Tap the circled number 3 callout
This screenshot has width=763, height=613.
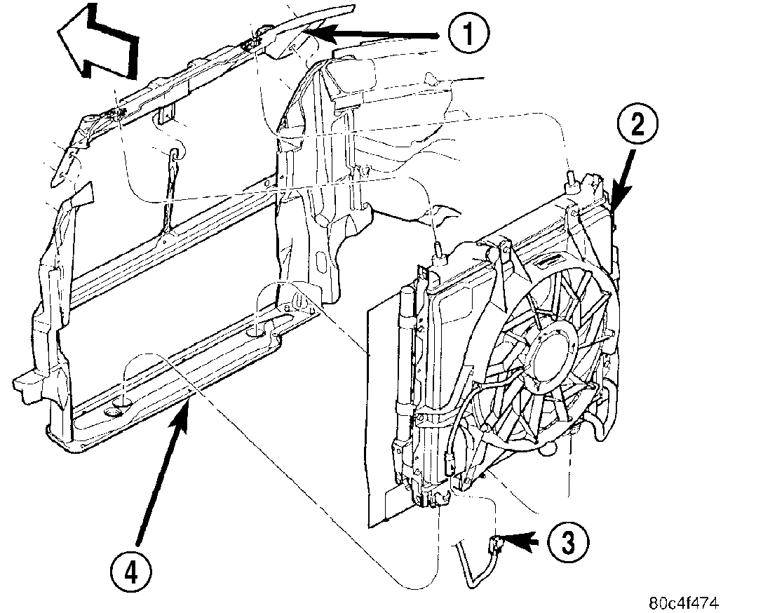(567, 541)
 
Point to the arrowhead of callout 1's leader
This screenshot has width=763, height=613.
(309, 31)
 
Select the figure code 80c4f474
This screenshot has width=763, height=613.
(684, 603)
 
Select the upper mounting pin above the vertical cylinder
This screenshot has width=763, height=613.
(438, 249)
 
